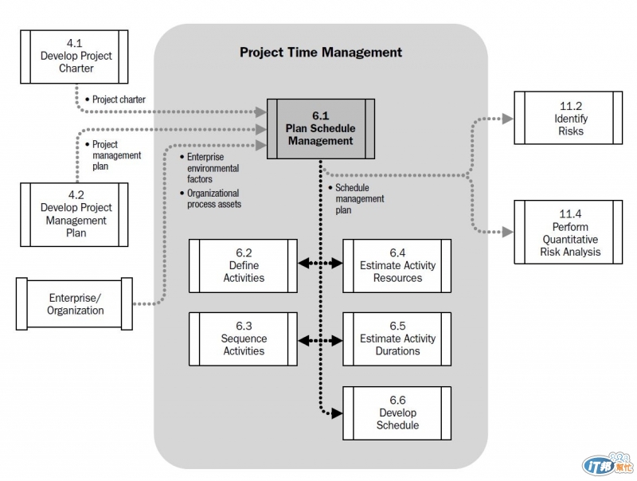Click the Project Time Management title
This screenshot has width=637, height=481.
pos(321,53)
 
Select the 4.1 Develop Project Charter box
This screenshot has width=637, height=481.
pos(76,56)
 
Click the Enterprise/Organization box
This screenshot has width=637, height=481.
pos(76,303)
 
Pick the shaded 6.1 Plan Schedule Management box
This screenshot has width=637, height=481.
pos(320,128)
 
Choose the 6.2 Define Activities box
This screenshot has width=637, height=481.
pos(244,265)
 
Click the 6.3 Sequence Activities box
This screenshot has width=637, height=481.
pos(244,338)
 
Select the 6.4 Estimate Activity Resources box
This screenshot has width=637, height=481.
pos(397,265)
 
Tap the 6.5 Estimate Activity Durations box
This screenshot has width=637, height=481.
pos(397,338)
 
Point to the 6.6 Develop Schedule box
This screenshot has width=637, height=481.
pos(397,413)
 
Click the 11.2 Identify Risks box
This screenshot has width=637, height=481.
pos(569,118)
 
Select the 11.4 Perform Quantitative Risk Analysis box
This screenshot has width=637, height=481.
pos(569,233)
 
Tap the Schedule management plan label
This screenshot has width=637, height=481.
pos(358,198)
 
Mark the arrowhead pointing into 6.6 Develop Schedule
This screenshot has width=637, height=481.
pos(337,413)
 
